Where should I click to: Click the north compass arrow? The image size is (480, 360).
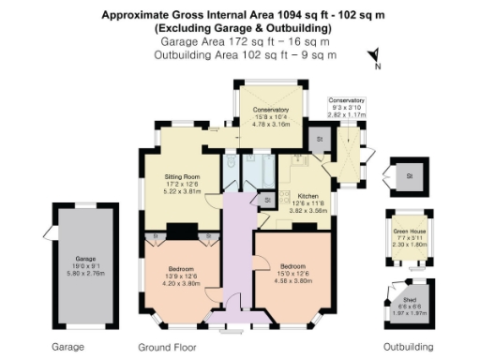click(371, 54)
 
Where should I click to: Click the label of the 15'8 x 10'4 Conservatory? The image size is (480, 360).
click(271, 110)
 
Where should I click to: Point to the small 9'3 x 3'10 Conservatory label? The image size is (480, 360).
click(346, 100)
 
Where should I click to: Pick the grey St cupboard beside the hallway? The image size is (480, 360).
click(266, 200)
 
